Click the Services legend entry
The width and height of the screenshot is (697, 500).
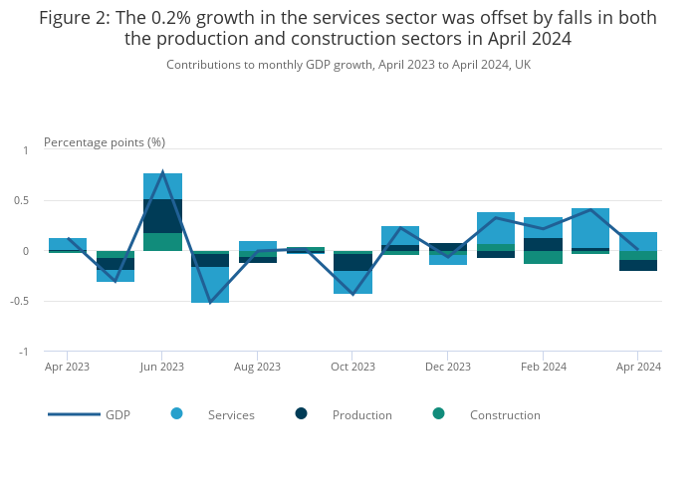[230, 414]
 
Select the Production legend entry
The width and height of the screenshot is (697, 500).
[361, 414]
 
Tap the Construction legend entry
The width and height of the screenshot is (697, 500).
[504, 414]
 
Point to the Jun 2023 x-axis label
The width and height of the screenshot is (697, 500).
[162, 367]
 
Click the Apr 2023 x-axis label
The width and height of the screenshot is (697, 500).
[68, 367]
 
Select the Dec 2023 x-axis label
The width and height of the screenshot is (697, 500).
[448, 367]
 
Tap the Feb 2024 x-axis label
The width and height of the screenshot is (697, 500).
[544, 367]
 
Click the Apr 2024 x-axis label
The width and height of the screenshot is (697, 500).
[638, 367]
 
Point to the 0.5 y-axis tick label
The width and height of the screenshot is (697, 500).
[21, 200]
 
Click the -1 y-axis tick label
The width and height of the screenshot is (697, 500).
[24, 352]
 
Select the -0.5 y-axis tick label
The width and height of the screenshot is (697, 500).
[20, 301]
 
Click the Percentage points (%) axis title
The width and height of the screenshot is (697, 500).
[105, 142]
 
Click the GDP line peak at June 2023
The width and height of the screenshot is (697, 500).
[162, 172]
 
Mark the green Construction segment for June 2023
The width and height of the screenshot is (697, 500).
[162, 242]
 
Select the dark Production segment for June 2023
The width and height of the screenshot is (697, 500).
[162, 216]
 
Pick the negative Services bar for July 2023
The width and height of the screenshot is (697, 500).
[210, 285]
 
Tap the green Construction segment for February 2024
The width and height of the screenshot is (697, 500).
[543, 257]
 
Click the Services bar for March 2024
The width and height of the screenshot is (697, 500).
[590, 228]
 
